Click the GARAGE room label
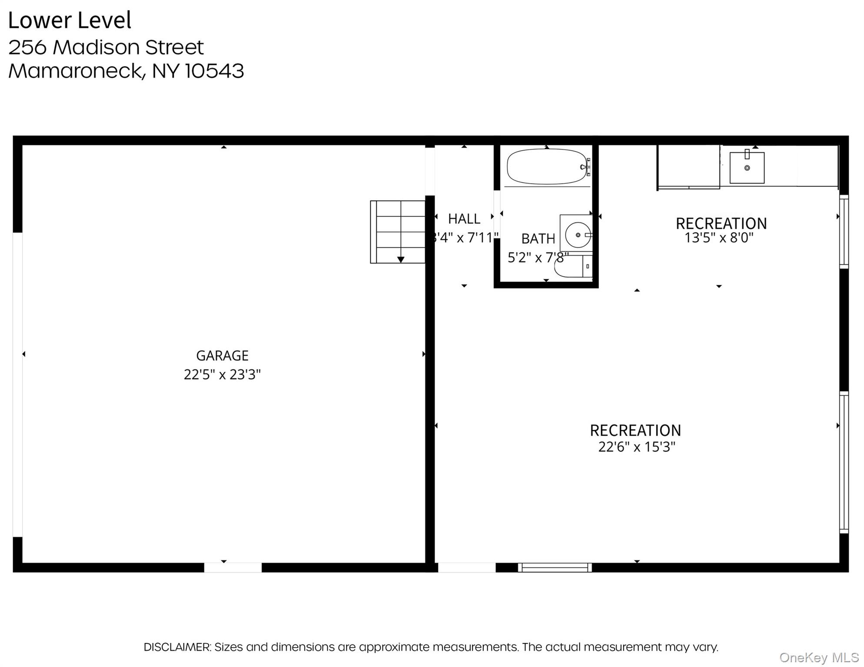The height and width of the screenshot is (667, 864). pyautogui.click(x=222, y=356)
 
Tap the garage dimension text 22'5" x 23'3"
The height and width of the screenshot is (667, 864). pyautogui.click(x=222, y=374)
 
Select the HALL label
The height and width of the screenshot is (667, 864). pyautogui.click(x=464, y=219)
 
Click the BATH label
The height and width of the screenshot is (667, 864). pyautogui.click(x=538, y=239)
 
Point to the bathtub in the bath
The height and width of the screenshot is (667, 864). pyautogui.click(x=546, y=167)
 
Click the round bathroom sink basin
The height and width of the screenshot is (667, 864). pyautogui.click(x=578, y=235)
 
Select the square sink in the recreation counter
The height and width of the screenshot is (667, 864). pyautogui.click(x=747, y=168)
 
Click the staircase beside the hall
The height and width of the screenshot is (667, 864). pyautogui.click(x=397, y=231)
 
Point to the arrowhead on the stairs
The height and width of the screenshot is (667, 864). pyautogui.click(x=401, y=260)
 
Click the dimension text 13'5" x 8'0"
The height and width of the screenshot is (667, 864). pyautogui.click(x=719, y=238)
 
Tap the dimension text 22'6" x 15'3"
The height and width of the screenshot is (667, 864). pyautogui.click(x=637, y=447)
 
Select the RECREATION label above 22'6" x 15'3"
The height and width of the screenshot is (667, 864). pyautogui.click(x=635, y=430)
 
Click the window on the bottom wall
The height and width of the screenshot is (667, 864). pyautogui.click(x=555, y=567)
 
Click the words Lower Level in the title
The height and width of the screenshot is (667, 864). pyautogui.click(x=70, y=20)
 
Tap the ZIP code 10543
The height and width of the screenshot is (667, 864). pyautogui.click(x=214, y=71)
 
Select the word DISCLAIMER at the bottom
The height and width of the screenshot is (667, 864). pyautogui.click(x=177, y=647)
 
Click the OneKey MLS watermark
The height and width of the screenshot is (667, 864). pyautogui.click(x=818, y=657)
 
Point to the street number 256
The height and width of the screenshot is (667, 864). pyautogui.click(x=27, y=47)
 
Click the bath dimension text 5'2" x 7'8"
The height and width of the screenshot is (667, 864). pyautogui.click(x=538, y=258)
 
